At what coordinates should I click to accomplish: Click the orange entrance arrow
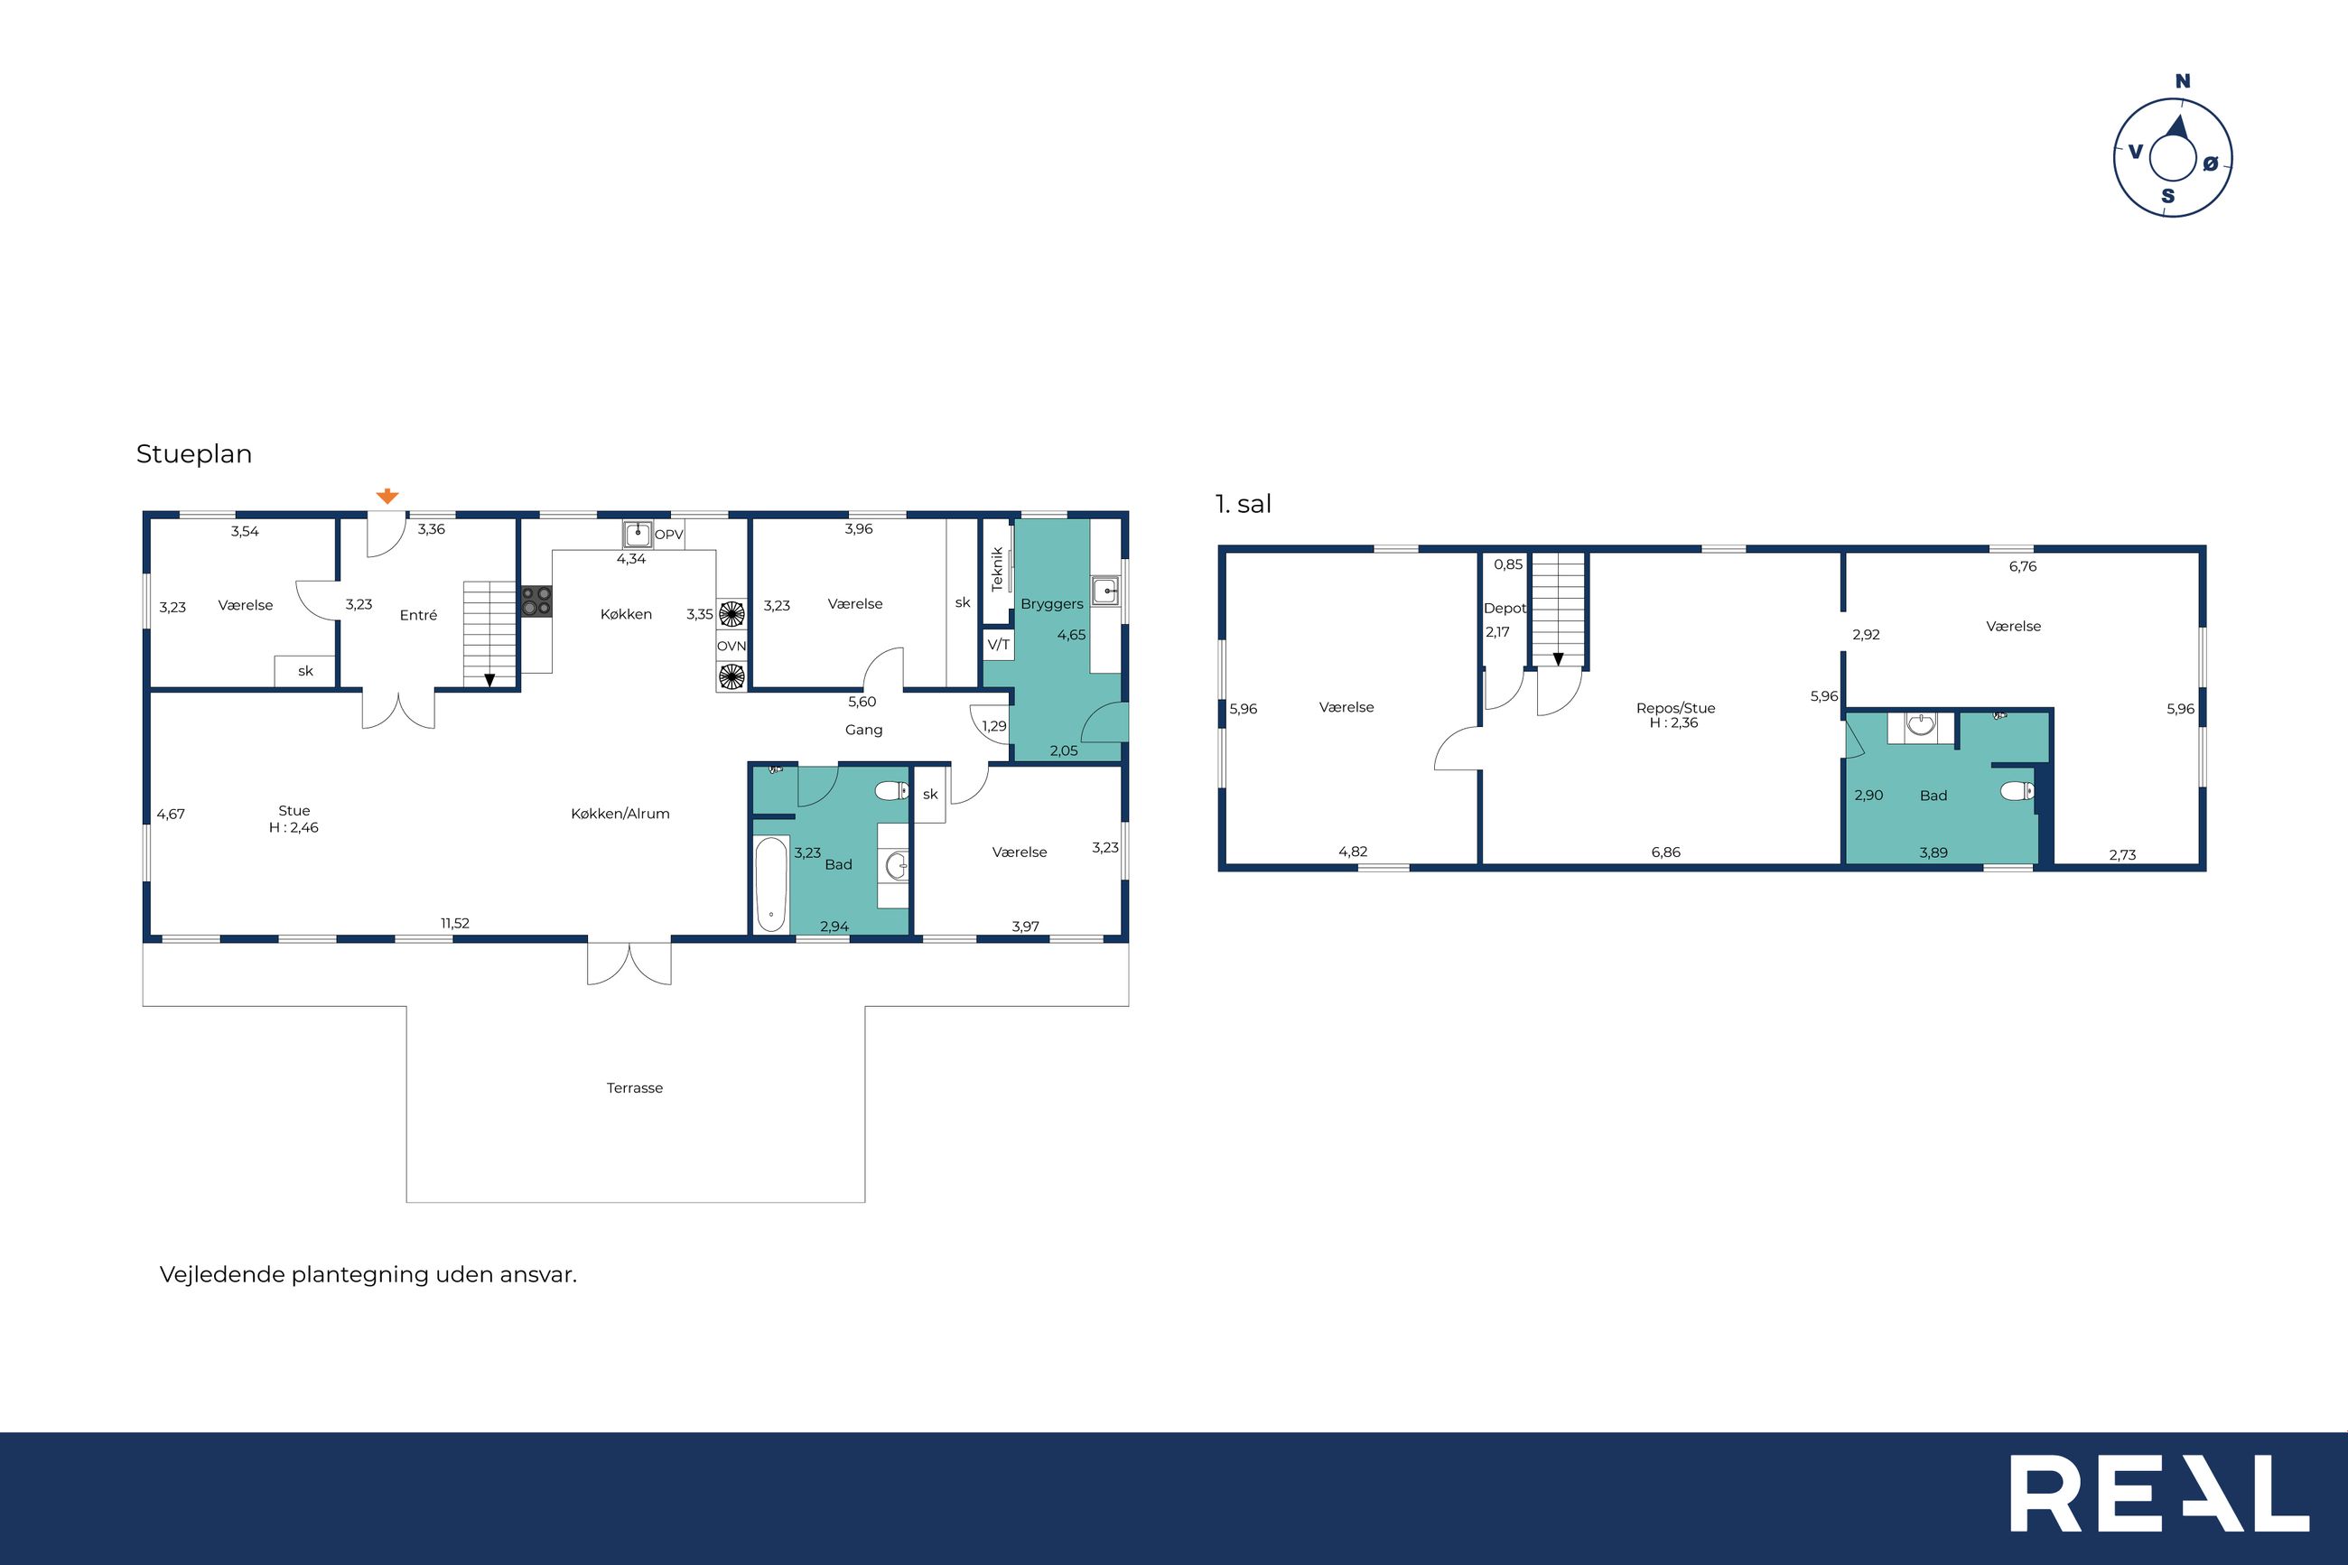(387, 496)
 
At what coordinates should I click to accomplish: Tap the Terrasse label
(635, 1088)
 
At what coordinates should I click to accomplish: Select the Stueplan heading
(193, 454)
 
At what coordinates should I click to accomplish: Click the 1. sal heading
(1243, 504)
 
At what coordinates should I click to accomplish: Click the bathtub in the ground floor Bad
(770, 884)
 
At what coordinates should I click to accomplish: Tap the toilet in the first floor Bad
(2017, 791)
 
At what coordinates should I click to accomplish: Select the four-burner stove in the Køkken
(536, 601)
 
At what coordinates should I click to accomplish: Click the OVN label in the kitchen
(731, 646)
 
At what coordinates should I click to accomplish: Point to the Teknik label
(997, 569)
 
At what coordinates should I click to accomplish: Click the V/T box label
(998, 645)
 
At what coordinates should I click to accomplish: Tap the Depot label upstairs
(1505, 608)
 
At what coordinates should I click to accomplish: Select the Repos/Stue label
(1675, 708)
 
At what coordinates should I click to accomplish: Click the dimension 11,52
(455, 923)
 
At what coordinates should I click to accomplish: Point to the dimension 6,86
(1665, 852)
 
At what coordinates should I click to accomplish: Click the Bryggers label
(1052, 604)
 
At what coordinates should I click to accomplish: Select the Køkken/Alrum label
(620, 814)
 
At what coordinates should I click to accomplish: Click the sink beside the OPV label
(638, 534)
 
